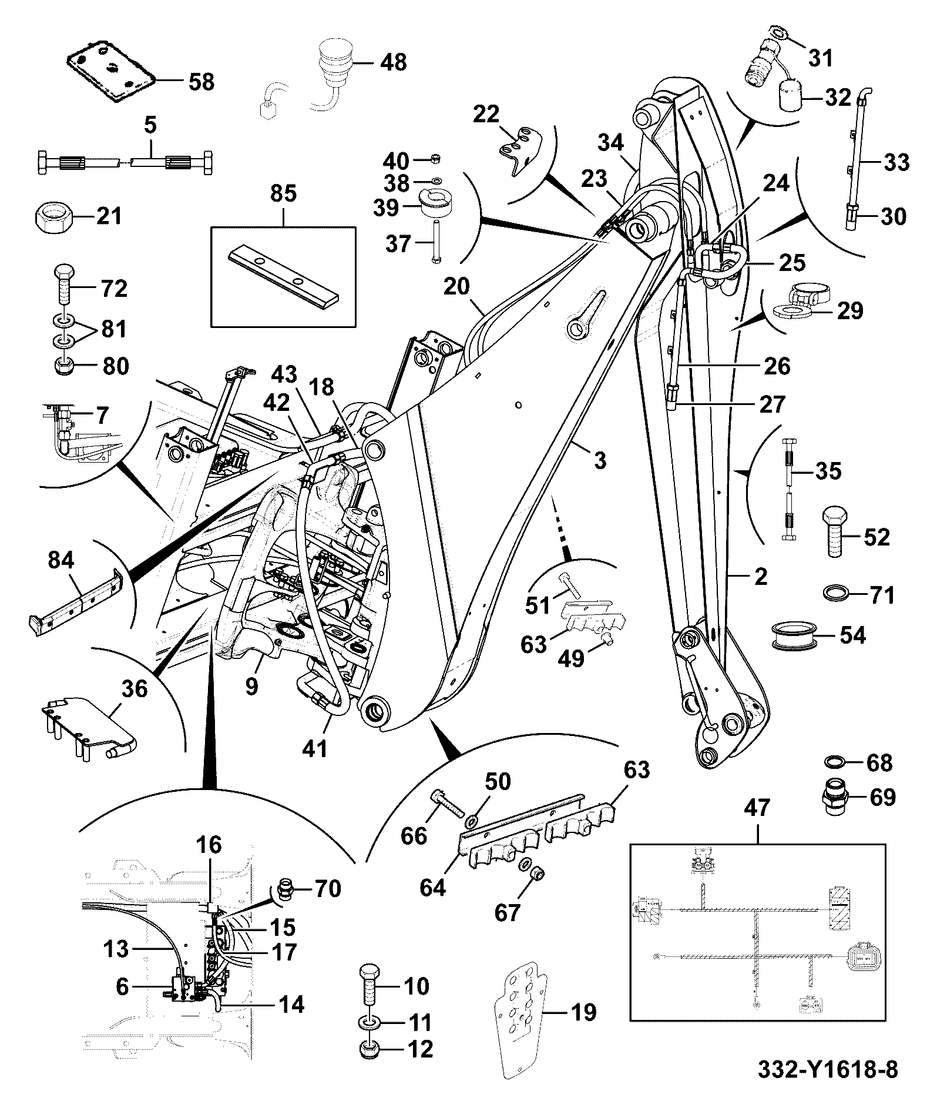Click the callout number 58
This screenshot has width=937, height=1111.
pos(201,82)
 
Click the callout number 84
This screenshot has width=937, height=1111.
pos(61,560)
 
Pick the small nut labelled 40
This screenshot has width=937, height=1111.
pos(435,158)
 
